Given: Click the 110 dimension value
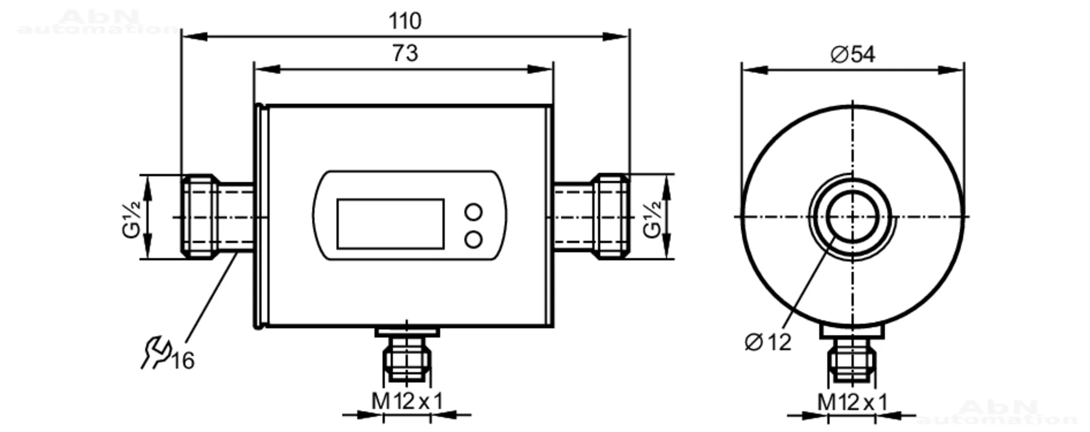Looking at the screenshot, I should click(x=404, y=21).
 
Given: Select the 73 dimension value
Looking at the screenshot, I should click(x=405, y=53).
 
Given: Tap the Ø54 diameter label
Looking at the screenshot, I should click(x=852, y=54).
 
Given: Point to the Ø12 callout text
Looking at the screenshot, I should click(x=767, y=342).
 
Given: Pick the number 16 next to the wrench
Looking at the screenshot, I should click(x=183, y=361).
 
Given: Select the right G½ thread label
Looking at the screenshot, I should click(x=652, y=219).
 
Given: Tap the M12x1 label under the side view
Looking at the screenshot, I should click(x=407, y=402).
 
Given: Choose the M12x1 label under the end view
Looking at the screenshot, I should click(x=852, y=403).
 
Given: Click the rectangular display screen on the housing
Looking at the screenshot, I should click(x=390, y=224).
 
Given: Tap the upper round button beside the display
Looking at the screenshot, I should click(x=474, y=211).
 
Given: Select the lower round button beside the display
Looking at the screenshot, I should click(x=474, y=239).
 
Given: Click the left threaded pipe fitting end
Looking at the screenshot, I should click(x=199, y=216).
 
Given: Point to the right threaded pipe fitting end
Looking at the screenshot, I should click(x=611, y=216).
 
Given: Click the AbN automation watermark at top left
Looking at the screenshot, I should click(x=98, y=22).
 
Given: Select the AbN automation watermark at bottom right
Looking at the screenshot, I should click(x=997, y=412).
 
